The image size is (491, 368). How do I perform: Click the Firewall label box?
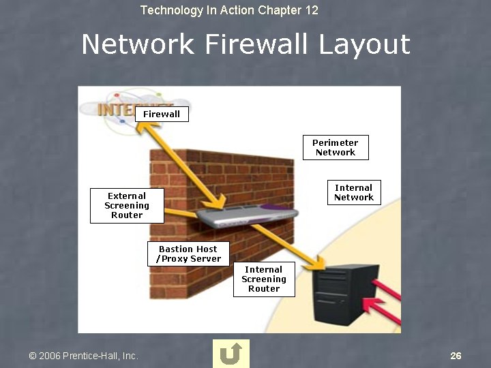pos(162,114)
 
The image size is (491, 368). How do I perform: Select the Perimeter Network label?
pos(336,147)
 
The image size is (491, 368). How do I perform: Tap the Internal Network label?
pos(354,192)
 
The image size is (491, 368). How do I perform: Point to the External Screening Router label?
pos(127,205)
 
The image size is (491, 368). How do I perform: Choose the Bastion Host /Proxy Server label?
pos(188,254)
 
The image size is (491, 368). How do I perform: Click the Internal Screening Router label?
pos(264,279)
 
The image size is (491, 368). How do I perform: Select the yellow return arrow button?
pos(231,354)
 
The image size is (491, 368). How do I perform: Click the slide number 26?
pos(456,356)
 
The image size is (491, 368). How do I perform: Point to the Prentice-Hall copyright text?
pos(83,356)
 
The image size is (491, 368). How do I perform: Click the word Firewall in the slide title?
pos(257,45)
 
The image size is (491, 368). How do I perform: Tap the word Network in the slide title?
pos(138,45)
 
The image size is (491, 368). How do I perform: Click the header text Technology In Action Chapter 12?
pos(229,10)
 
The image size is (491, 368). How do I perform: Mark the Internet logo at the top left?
pos(109,109)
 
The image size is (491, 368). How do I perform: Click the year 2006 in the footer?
pos(50,356)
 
